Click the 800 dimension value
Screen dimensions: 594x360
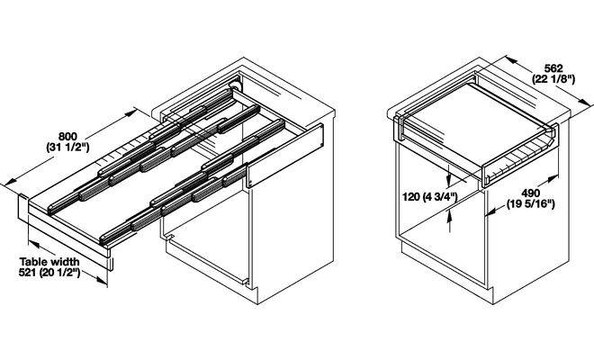click(x=67, y=136)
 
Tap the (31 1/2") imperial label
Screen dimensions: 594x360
click(x=67, y=147)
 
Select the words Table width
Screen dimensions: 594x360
click(x=49, y=262)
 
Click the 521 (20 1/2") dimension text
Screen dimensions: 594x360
click(x=49, y=273)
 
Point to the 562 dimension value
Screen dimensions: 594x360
click(x=553, y=68)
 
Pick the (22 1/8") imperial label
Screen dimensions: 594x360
click(x=553, y=79)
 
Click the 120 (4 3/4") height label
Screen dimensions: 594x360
click(x=430, y=197)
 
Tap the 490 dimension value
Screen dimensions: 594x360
click(x=531, y=193)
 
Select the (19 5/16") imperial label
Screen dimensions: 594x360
click(x=531, y=204)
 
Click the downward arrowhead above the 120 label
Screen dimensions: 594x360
click(x=449, y=179)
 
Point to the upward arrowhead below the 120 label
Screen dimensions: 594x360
click(x=449, y=216)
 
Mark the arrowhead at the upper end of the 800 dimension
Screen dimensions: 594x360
click(x=131, y=112)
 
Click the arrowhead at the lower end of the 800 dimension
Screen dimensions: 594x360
click(x=11, y=182)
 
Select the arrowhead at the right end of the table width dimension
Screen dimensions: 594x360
click(x=102, y=280)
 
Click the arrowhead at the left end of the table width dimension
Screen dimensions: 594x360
click(x=34, y=245)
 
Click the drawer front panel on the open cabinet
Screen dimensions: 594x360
click(x=285, y=156)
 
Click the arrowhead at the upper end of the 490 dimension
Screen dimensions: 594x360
click(x=553, y=178)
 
